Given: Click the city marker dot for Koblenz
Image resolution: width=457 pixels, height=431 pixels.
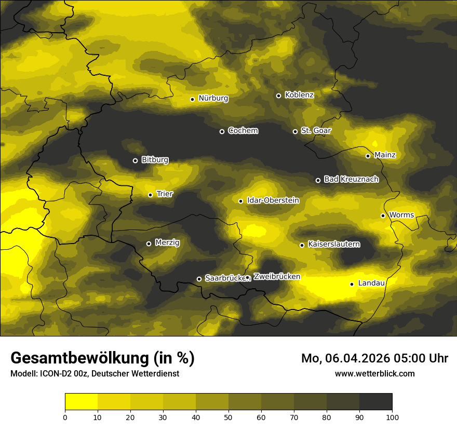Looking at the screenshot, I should click(278, 96).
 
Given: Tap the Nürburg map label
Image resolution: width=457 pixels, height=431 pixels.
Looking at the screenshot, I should click(213, 98).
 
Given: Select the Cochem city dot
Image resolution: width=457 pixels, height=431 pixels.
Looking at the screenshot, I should click(222, 131).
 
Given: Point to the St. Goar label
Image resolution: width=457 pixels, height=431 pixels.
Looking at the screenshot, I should click(316, 131).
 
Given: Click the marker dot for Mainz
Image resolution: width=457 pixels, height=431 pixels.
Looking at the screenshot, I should click(368, 156).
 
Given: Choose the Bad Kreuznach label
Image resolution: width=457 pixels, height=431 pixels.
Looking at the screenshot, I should click(351, 179).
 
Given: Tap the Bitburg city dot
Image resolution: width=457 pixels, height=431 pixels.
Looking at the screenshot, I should click(135, 160).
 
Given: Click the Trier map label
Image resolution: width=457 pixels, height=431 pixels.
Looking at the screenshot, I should click(165, 194).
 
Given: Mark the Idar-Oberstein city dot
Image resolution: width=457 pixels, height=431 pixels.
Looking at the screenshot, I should click(240, 201).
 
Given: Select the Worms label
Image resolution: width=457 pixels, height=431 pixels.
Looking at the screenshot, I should click(401, 215).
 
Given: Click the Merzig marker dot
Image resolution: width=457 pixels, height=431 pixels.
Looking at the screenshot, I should click(149, 244).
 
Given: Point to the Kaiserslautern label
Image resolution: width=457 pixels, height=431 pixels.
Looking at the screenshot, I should click(333, 244).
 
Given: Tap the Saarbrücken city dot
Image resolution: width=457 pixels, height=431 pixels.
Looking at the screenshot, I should click(199, 279).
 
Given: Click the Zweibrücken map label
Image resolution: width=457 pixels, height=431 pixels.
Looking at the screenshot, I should click(277, 277).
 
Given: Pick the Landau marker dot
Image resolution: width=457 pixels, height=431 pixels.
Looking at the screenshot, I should click(352, 284).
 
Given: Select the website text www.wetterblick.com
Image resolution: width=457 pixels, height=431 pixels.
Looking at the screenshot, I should click(374, 373).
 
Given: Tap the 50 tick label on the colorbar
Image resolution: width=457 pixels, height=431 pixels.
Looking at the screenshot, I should click(228, 416).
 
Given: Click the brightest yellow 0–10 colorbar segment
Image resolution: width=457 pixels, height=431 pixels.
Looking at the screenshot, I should click(82, 401).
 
